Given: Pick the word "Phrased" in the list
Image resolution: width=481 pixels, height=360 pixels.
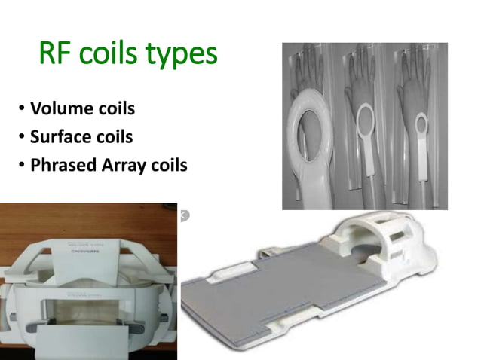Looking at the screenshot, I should pos(63,165).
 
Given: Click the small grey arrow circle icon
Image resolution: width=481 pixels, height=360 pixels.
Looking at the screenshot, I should pos(184,215).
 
